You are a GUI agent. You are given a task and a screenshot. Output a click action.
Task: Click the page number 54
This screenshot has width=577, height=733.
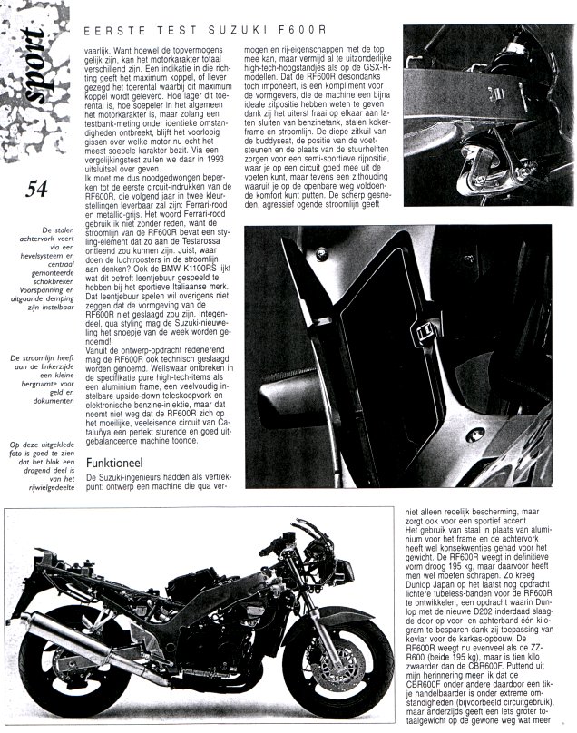pos(37,189)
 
